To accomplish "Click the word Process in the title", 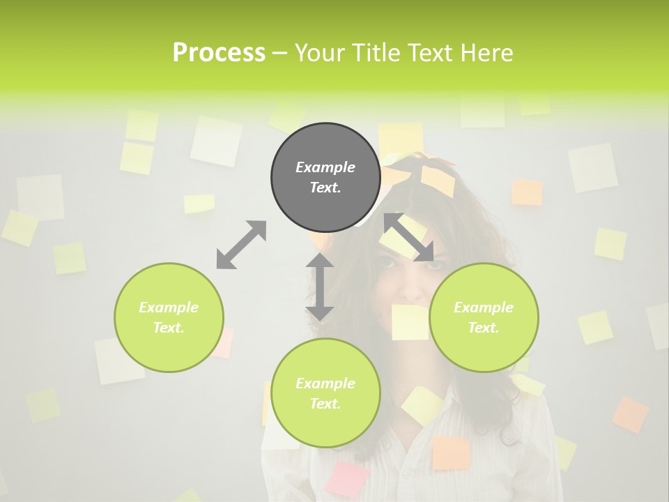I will tap(219, 53).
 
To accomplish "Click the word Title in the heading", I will tap(376, 53).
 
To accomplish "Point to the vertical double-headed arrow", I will tap(320, 287).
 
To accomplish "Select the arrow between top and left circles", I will tap(241, 245).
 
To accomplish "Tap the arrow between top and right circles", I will tap(409, 238).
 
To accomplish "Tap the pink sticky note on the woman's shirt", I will tap(348, 478).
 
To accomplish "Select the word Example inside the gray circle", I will tap(325, 167).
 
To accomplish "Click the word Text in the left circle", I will tap(169, 328).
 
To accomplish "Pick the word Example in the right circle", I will tap(484, 307).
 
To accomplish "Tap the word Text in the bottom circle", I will tap(325, 404).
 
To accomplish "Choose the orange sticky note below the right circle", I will tap(451, 452).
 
